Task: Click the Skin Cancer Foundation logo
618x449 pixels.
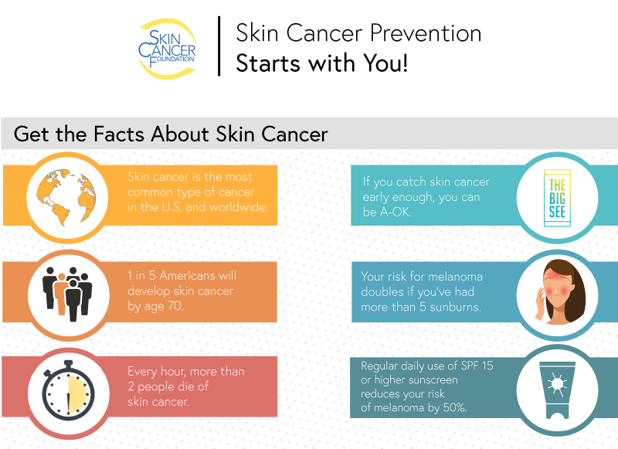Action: (x=167, y=49)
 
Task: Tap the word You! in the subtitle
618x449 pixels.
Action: (x=385, y=63)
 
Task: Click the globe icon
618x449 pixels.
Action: (x=66, y=197)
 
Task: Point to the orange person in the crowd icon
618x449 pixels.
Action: (x=61, y=294)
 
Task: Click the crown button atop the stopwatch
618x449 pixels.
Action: (x=68, y=363)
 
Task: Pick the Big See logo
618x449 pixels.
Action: (x=557, y=198)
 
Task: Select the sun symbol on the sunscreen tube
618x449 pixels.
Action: (x=557, y=383)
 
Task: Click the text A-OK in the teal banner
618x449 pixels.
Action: (x=396, y=212)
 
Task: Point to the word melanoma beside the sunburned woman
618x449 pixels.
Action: (x=455, y=277)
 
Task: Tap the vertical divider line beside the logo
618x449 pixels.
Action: (x=219, y=46)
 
